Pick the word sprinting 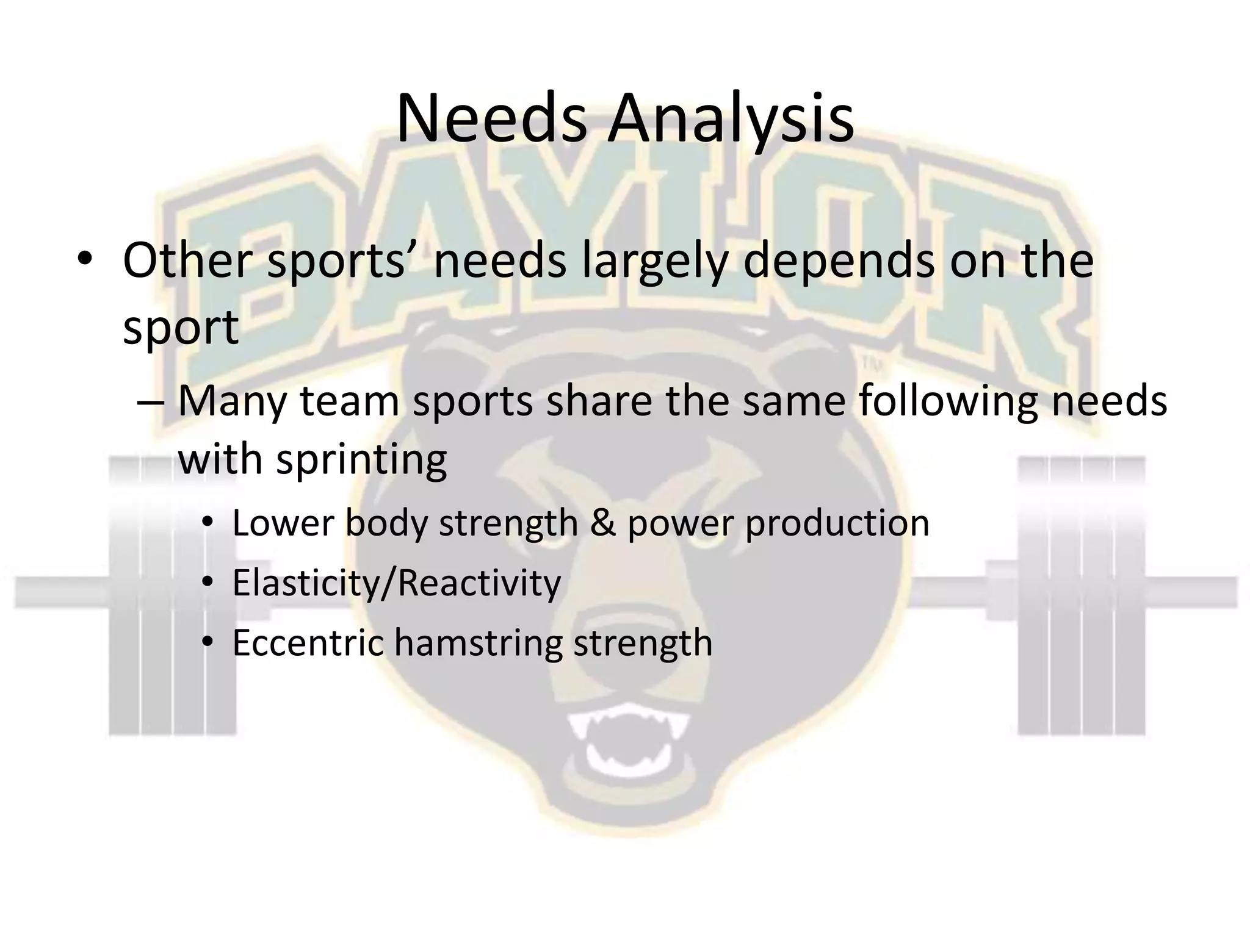click(x=361, y=461)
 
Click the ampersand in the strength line click(x=602, y=523)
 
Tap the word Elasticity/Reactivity click(x=396, y=583)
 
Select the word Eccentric click(x=308, y=643)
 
